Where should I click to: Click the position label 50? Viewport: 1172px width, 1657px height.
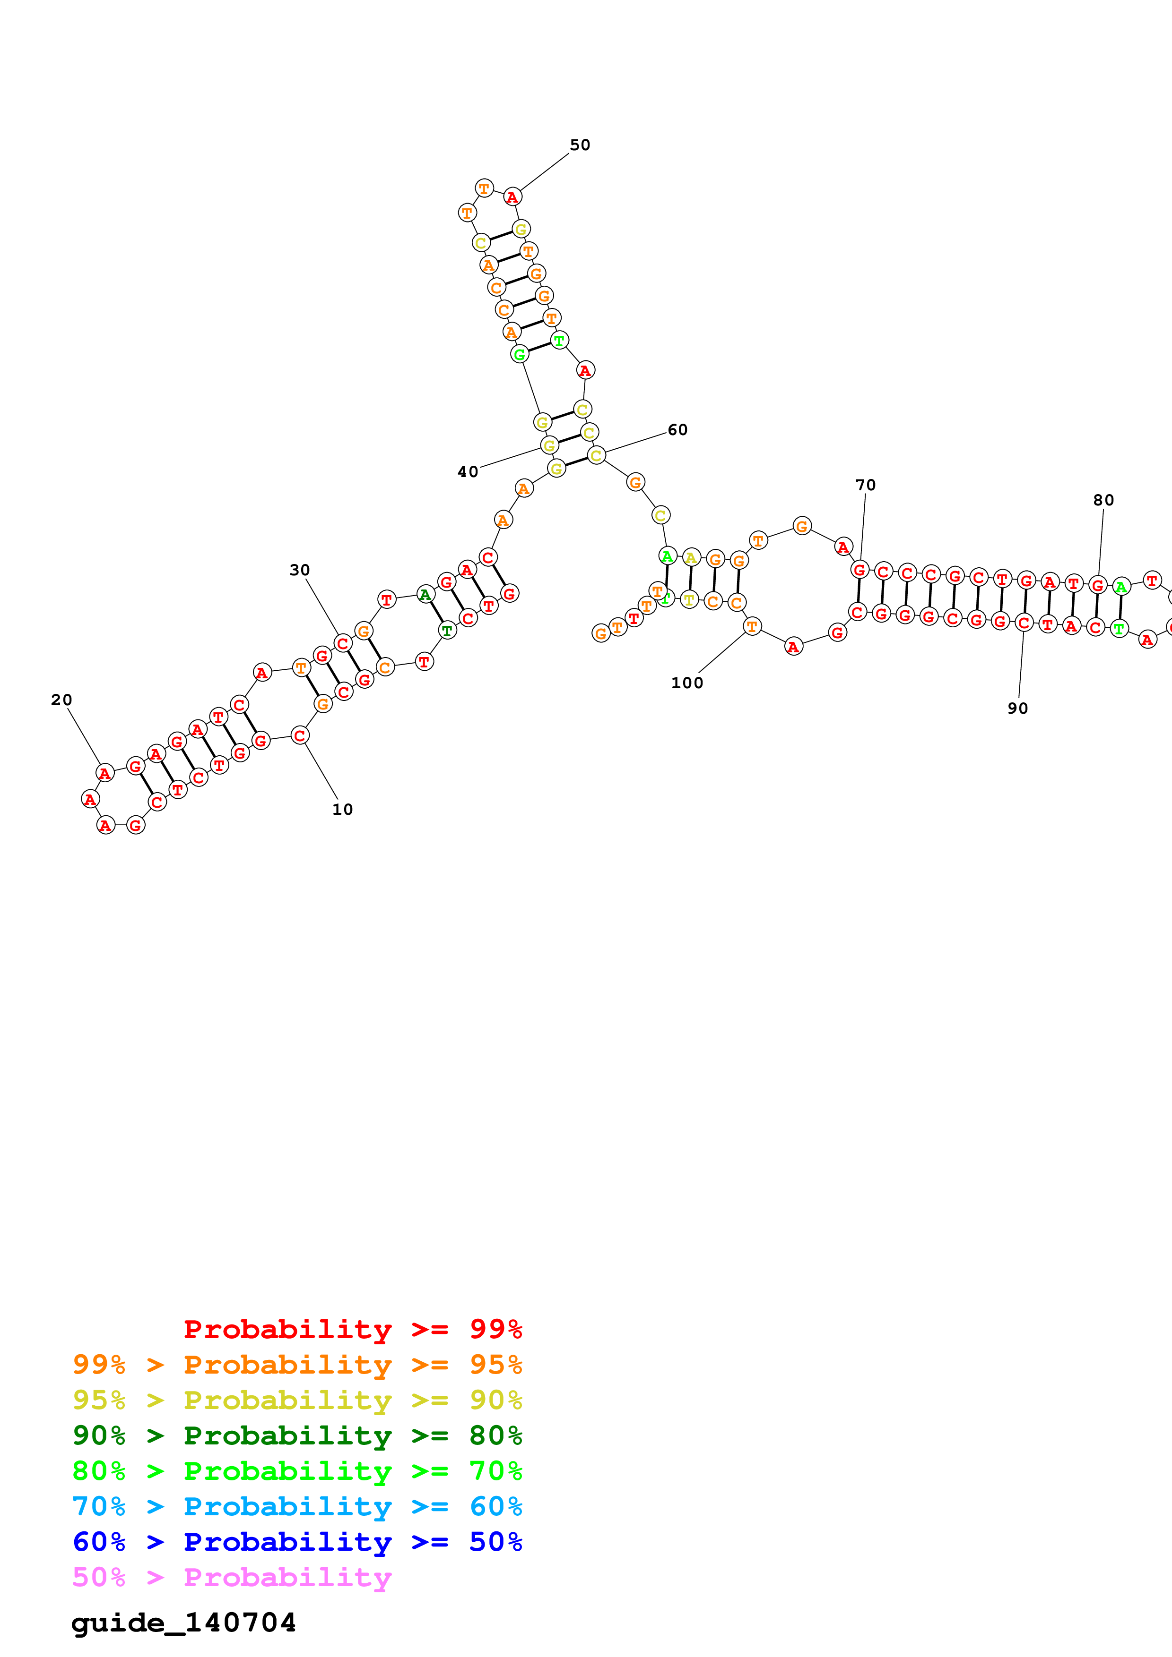click(580, 145)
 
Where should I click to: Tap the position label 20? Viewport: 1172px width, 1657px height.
click(61, 700)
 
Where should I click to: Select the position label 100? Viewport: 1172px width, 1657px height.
click(687, 683)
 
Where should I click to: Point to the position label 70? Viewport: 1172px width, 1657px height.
click(865, 485)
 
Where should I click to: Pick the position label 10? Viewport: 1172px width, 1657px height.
click(342, 810)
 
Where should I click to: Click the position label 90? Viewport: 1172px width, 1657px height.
click(1017, 709)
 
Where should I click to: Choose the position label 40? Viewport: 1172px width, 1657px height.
click(468, 472)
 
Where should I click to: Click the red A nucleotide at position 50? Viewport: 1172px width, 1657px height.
click(512, 197)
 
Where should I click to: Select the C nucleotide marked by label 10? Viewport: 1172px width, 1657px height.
click(300, 735)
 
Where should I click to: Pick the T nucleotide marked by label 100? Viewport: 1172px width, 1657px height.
click(752, 626)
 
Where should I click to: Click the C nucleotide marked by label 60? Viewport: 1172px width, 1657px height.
click(596, 455)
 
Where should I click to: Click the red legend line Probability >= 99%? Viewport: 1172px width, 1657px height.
click(352, 1329)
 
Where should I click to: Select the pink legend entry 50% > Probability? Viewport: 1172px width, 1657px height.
click(231, 1578)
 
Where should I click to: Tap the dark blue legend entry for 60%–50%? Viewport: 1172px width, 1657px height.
click(297, 1542)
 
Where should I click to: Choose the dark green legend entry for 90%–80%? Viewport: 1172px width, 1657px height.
click(297, 1435)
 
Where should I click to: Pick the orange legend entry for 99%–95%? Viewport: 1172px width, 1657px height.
click(297, 1364)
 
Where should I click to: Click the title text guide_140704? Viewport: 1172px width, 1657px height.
click(183, 1623)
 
